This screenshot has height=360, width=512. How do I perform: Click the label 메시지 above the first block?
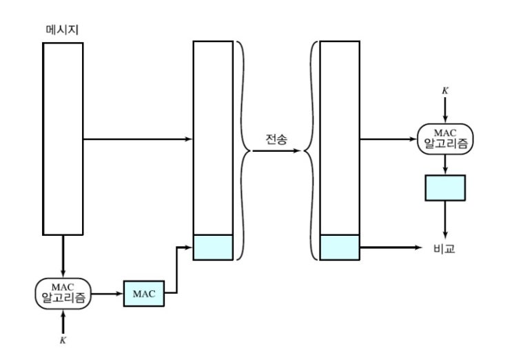point(62,30)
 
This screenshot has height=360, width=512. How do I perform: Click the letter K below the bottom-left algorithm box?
point(63,340)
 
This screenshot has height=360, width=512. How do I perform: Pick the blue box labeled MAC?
point(144,293)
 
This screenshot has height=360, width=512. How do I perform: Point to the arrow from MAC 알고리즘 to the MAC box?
point(107,294)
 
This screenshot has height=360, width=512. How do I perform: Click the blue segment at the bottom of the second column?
point(213,248)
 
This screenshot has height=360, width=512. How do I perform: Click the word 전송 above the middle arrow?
point(276,139)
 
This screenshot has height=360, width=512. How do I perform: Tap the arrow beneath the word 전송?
point(276,150)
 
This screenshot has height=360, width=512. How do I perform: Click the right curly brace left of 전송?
point(243,150)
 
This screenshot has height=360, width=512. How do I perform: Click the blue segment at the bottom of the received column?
point(340,248)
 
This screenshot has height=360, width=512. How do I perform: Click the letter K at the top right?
point(445,90)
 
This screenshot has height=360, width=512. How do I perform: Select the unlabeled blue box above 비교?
point(445,188)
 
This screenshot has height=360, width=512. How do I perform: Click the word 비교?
point(444,248)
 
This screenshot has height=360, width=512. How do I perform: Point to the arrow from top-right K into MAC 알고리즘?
point(445,110)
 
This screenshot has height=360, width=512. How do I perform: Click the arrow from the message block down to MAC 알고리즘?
point(63,256)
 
